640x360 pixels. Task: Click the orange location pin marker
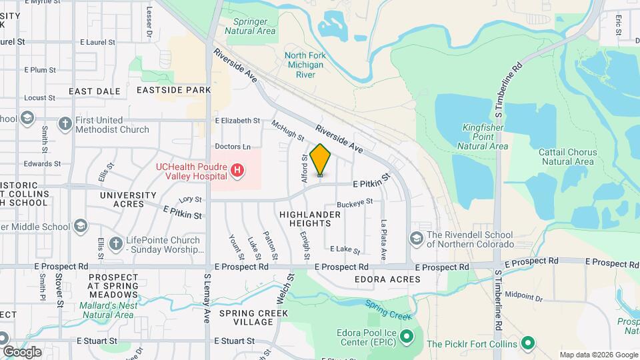pyautogui.click(x=320, y=160)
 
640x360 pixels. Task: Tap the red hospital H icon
pyautogui.click(x=237, y=171)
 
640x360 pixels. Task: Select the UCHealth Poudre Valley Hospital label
pyautogui.click(x=191, y=171)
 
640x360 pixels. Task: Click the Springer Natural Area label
pyautogui.click(x=250, y=26)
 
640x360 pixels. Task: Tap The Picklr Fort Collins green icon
pyautogui.click(x=528, y=343)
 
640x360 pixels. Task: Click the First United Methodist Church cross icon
pyautogui.click(x=65, y=124)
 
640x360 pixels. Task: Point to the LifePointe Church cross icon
pyautogui.click(x=115, y=244)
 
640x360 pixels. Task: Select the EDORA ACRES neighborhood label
pyautogui.click(x=387, y=279)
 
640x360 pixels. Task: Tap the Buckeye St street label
pyautogui.click(x=354, y=201)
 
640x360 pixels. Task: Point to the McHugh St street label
pyautogui.click(x=287, y=130)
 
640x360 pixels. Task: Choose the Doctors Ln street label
pyautogui.click(x=233, y=146)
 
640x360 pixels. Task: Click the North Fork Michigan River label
pyautogui.click(x=305, y=65)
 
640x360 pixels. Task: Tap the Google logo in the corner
pyautogui.click(x=22, y=351)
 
